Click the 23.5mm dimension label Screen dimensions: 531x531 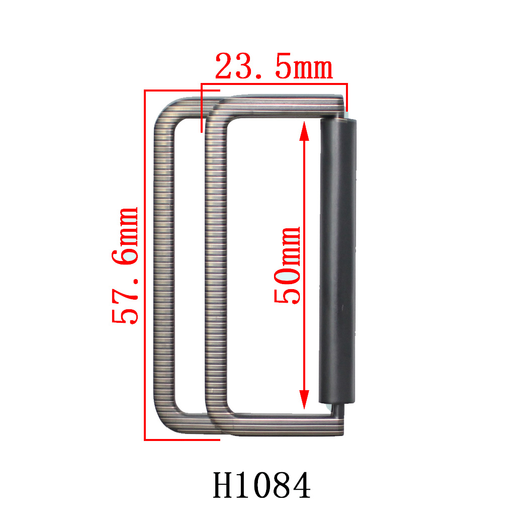pos(274,68)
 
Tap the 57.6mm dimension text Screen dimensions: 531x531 pos(125,265)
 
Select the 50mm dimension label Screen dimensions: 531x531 pos(287,265)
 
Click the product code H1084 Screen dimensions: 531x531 pos(262,485)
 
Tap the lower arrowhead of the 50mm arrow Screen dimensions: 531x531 pos(304,400)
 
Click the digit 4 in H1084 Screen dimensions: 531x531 pos(300,485)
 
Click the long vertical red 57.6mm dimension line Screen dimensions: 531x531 pos(145,352)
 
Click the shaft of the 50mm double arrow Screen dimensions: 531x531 pos(304,201)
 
